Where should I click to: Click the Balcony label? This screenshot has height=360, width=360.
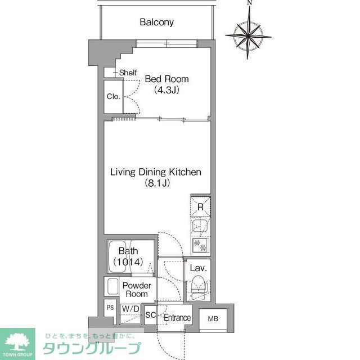pyautogui.click(x=156, y=22)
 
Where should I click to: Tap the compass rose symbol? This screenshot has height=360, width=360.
pyautogui.click(x=248, y=34)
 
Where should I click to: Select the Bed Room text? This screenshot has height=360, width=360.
pyautogui.click(x=166, y=79)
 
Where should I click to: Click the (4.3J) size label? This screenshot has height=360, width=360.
pyautogui.click(x=166, y=89)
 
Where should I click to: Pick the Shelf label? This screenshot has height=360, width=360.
pyautogui.click(x=128, y=73)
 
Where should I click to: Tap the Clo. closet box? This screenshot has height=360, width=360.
pyautogui.click(x=113, y=96)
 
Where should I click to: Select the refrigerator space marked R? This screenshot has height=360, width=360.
pyautogui.click(x=200, y=207)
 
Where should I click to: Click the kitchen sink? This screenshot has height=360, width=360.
pyautogui.click(x=199, y=226)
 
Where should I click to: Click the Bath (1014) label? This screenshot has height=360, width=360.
pyautogui.click(x=129, y=256)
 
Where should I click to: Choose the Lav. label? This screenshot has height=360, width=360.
pyautogui.click(x=198, y=268)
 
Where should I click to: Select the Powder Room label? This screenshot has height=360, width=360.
pyautogui.click(x=137, y=289)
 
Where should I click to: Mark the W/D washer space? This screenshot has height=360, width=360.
pyautogui.click(x=131, y=309)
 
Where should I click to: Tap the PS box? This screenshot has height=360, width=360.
pyautogui.click(x=110, y=308)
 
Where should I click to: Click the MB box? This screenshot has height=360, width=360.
pyautogui.click(x=212, y=318)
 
